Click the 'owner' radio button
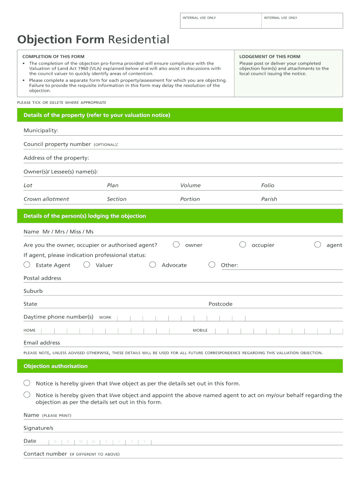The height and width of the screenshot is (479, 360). tap(176, 245)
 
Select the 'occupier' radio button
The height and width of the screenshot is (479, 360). tap(243, 245)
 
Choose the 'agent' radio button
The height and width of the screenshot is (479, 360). tap(317, 245)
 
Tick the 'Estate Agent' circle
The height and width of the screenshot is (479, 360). tap(27, 265)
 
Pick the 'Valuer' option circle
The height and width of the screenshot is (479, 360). tap(86, 265)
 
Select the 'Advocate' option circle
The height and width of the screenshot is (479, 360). tap(152, 265)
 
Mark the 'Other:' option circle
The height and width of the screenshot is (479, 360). tap(212, 265)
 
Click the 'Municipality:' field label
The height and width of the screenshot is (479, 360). tap(41, 131)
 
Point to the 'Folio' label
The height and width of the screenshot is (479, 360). tap(268, 185)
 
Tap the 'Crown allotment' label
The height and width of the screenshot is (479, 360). tap(46, 199)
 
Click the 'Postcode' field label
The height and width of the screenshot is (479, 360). tap(220, 304)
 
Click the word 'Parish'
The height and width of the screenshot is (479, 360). tap(269, 199)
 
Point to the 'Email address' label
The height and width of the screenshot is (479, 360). tap(42, 343)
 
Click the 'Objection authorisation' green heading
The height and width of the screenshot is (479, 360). tap(56, 366)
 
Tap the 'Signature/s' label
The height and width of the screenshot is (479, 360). tap(38, 428)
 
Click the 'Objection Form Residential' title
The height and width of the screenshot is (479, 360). tap(93, 39)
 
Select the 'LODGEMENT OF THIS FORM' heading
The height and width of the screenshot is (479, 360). tap(270, 57)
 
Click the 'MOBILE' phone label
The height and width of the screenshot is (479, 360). tap(200, 330)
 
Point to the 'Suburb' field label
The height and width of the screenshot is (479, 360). tap(33, 291)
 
